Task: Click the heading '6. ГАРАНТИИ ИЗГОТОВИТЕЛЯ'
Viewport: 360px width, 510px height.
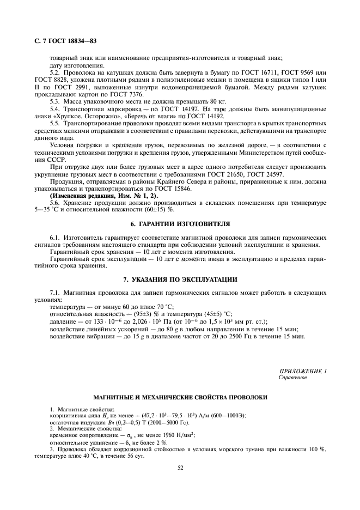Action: click(180, 224)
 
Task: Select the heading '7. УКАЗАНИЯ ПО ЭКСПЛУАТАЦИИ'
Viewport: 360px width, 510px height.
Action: click(180, 280)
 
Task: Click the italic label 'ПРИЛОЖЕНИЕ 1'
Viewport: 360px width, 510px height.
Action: click(302, 371)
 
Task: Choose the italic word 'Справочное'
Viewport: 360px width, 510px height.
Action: click(293, 377)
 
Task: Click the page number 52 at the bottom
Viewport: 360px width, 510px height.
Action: click(180, 466)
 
